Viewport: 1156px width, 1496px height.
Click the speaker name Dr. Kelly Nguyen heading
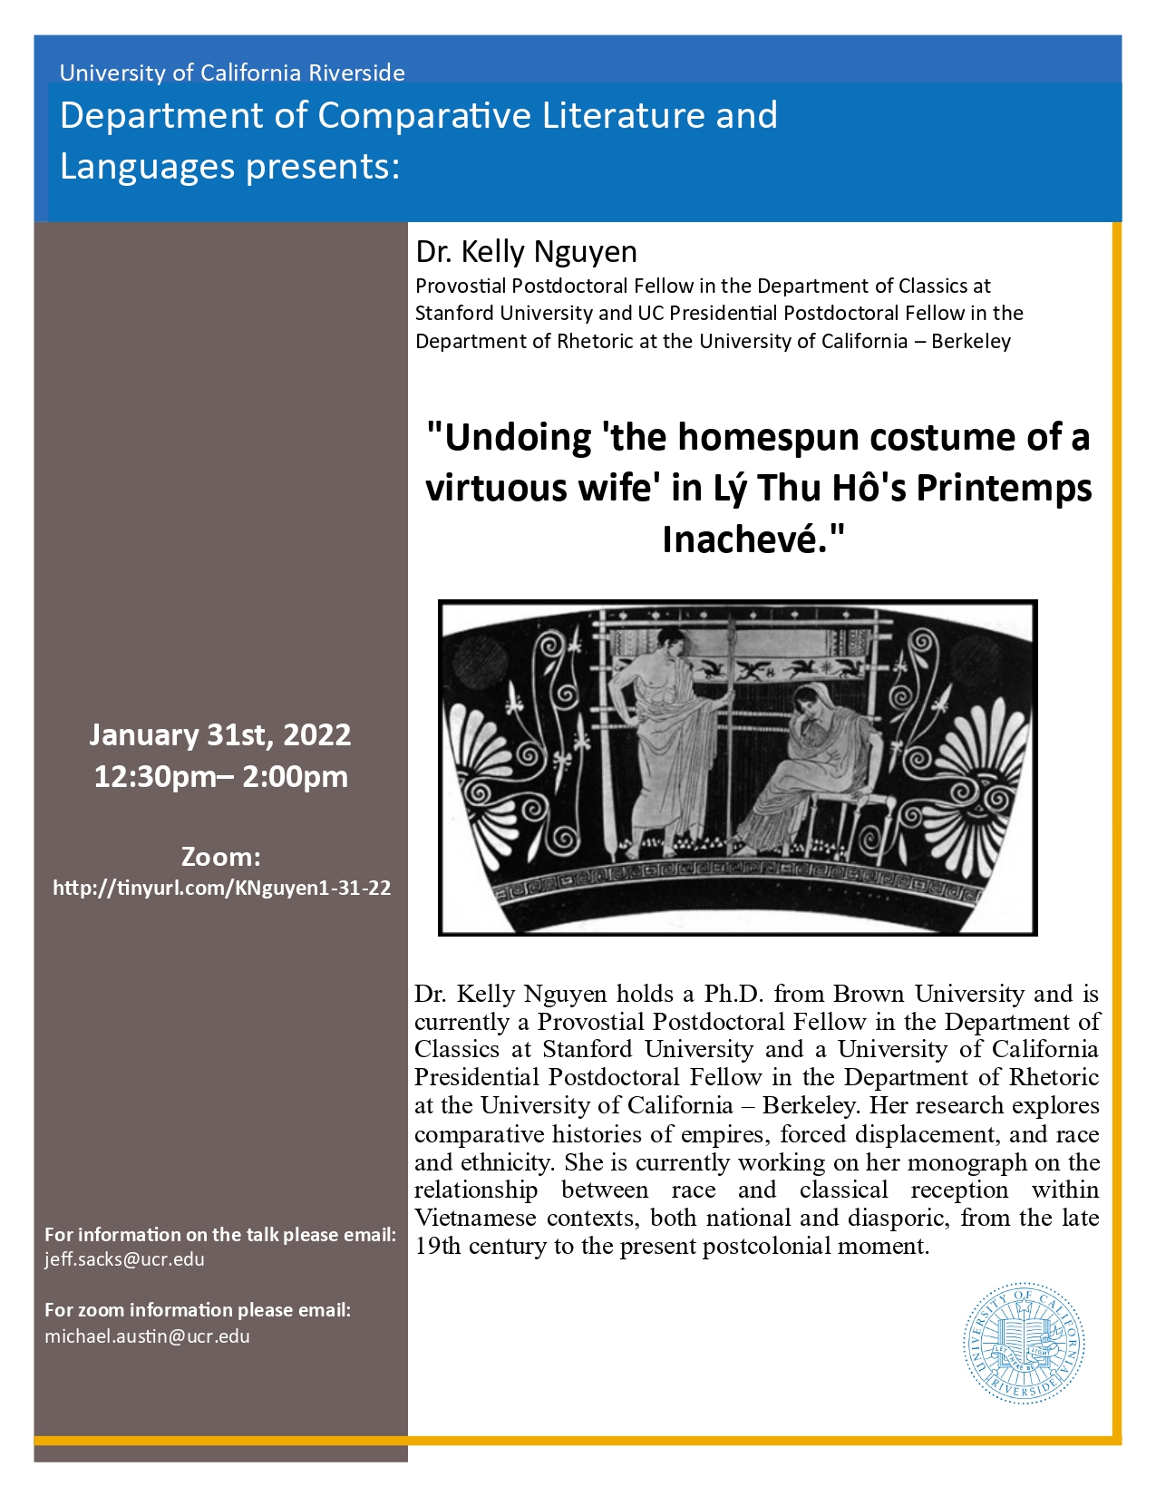[x=526, y=252]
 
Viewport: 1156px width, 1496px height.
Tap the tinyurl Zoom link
[x=222, y=888]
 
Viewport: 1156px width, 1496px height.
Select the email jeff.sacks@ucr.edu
[x=124, y=1259]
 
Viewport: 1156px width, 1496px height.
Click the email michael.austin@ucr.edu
[x=147, y=1336]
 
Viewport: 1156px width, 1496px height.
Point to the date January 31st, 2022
[x=219, y=734]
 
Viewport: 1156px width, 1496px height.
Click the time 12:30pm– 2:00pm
[x=220, y=777]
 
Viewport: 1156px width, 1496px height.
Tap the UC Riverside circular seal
[x=1024, y=1344]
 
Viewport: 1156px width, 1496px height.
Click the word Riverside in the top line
[x=356, y=73]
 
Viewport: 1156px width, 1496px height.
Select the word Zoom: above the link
[x=220, y=857]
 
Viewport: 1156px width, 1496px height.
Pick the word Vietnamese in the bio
[x=474, y=1218]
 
